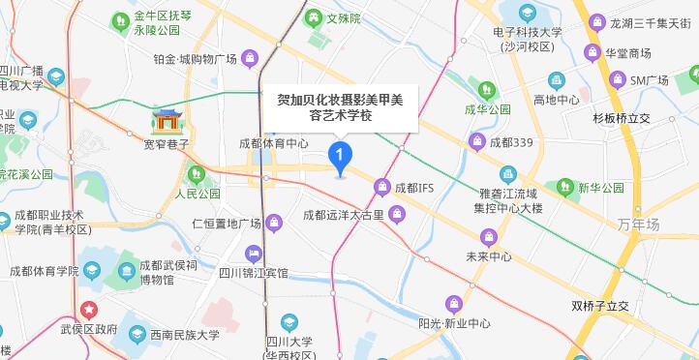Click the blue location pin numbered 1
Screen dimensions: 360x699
tap(340, 156)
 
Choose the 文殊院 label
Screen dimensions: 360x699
tap(342, 18)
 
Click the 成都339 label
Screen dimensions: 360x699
tap(512, 143)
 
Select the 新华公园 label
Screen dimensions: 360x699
tap(600, 187)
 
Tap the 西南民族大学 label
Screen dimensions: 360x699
tap(177, 335)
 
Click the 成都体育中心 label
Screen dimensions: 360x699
tap(273, 143)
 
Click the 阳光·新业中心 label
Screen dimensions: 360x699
tap(454, 323)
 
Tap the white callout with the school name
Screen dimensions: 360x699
tap(340, 106)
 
